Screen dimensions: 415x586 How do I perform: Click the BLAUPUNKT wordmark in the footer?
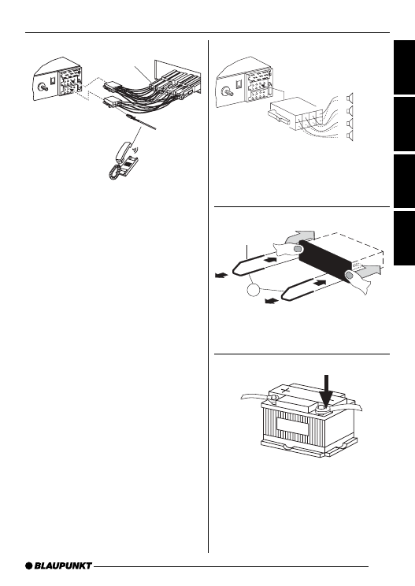[x=63, y=566]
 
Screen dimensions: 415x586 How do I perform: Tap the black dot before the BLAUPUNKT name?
[x=29, y=566]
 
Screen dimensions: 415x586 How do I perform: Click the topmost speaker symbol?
[x=350, y=98]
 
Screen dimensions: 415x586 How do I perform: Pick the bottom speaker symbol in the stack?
[x=350, y=136]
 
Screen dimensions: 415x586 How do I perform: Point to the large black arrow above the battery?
[x=327, y=391]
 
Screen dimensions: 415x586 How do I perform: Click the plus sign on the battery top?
[x=286, y=391]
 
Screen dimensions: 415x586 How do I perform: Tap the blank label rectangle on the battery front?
[x=292, y=426]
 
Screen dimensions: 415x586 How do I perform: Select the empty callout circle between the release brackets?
[x=253, y=290]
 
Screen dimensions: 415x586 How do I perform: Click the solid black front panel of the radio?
[x=324, y=261]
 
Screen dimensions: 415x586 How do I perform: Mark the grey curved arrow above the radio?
[x=301, y=236]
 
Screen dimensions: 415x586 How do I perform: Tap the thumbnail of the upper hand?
[x=298, y=249]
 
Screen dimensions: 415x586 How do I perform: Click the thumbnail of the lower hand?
[x=350, y=276]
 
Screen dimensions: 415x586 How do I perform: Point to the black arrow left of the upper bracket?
[x=221, y=276]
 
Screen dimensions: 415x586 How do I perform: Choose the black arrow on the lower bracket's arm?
[x=321, y=283]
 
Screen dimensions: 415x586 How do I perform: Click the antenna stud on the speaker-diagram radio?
[x=227, y=91]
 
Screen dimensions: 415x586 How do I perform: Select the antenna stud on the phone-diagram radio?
[x=43, y=88]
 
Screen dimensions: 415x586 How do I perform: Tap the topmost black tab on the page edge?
[x=404, y=67]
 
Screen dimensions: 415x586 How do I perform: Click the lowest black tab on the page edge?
[x=404, y=239]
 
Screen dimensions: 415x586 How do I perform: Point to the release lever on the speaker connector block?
[x=278, y=117]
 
